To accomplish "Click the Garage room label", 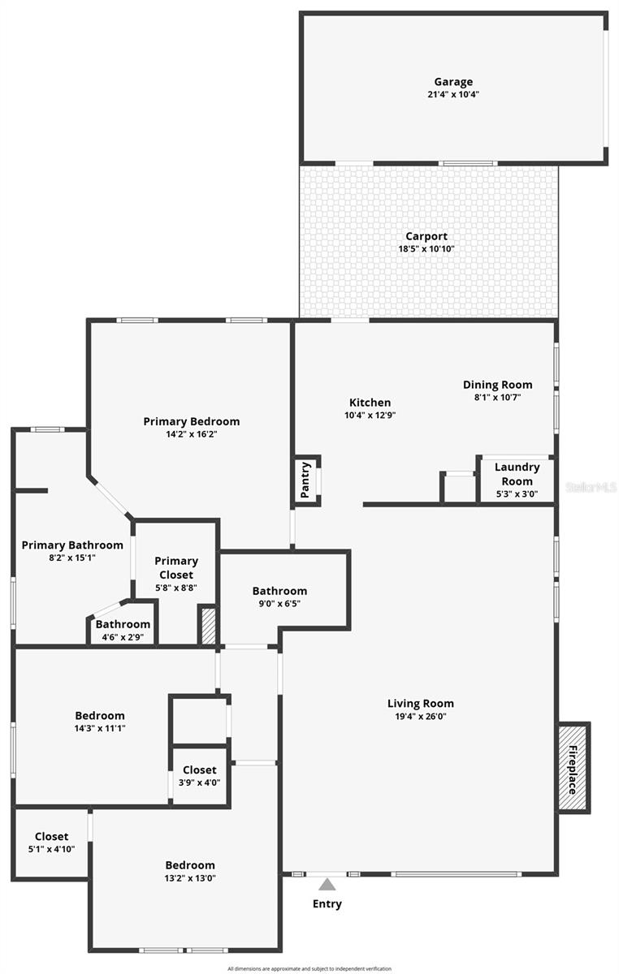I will (x=452, y=82).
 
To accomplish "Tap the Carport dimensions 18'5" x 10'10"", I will (x=426, y=249).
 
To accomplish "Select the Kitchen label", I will (x=370, y=403).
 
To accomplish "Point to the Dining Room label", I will (x=498, y=385).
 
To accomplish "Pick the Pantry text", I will (x=305, y=479).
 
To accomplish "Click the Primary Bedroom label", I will (x=192, y=421).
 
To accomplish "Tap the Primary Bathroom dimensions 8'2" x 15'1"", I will (x=72, y=558).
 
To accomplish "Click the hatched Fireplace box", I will (x=573, y=767).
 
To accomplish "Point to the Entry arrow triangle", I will (x=327, y=884).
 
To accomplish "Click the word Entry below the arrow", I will (x=327, y=903).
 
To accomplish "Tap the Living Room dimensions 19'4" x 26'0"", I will (x=420, y=717).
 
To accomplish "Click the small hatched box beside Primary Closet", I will (x=208, y=626).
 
